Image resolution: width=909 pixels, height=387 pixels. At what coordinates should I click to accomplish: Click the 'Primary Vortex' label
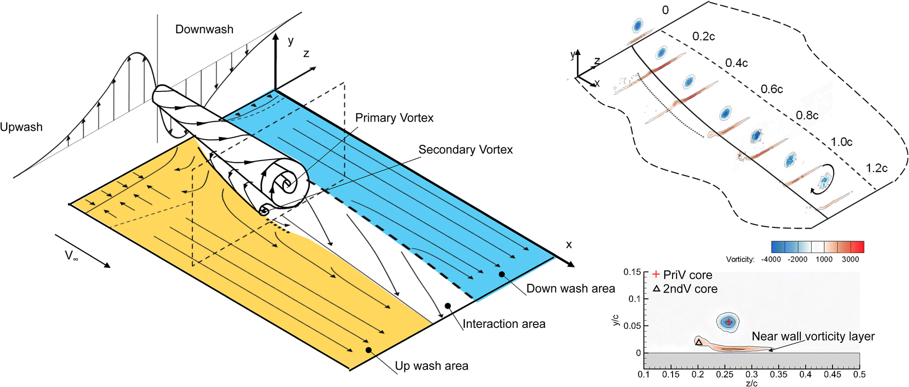pyautogui.click(x=394, y=118)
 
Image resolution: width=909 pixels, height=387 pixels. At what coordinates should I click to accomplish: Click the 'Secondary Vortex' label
pyautogui.click(x=465, y=150)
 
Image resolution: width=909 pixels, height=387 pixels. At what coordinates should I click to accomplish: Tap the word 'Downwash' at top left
pyautogui.click(x=204, y=30)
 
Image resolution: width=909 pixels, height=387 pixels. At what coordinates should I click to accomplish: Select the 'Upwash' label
pyautogui.click(x=21, y=127)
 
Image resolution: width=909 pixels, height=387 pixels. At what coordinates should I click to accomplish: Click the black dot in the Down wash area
pyautogui.click(x=502, y=275)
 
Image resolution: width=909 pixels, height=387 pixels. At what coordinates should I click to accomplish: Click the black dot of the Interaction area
pyautogui.click(x=448, y=306)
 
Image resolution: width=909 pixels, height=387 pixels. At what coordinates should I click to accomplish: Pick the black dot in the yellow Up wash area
pyautogui.click(x=368, y=350)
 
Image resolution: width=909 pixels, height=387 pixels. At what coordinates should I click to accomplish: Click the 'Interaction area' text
pyautogui.click(x=504, y=324)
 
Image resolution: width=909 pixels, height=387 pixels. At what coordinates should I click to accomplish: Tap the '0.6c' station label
pyautogui.click(x=772, y=89)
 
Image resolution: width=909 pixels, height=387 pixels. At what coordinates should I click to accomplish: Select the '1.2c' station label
pyautogui.click(x=876, y=168)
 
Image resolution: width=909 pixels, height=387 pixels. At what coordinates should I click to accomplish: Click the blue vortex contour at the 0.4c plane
pyautogui.click(x=689, y=82)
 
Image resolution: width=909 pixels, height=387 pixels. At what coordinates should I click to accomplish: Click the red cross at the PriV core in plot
pyautogui.click(x=728, y=322)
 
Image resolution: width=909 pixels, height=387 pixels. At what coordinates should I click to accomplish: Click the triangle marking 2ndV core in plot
pyautogui.click(x=699, y=342)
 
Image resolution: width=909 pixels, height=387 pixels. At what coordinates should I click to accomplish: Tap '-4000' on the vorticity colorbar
pyautogui.click(x=770, y=259)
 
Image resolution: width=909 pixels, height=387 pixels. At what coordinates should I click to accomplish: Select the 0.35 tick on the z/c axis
pyautogui.click(x=778, y=374)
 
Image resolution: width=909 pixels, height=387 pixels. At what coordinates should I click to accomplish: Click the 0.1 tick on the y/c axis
pyautogui.click(x=635, y=299)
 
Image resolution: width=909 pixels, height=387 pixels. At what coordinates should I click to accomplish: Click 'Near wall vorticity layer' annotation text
pyautogui.click(x=813, y=337)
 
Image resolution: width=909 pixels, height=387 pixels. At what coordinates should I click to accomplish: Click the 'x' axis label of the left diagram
pyautogui.click(x=568, y=245)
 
